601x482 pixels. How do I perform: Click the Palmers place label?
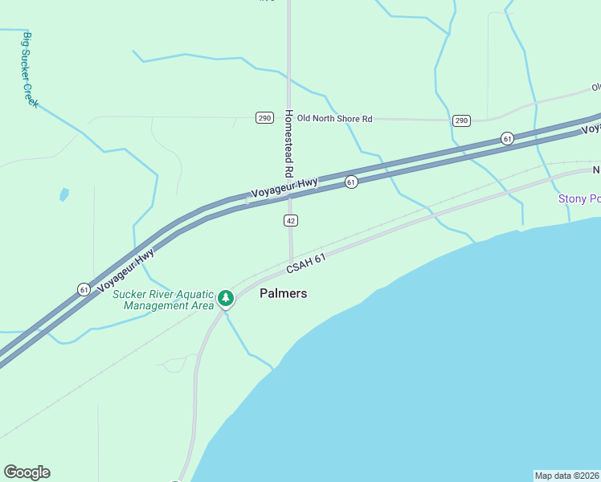[283, 294]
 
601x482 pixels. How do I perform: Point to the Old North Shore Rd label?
[335, 119]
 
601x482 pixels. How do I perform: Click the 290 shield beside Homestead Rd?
[264, 118]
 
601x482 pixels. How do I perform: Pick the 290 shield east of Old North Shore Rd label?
[460, 120]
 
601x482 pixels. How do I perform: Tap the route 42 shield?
[291, 220]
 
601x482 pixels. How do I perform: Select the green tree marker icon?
[226, 299]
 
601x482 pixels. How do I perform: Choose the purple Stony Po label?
[579, 198]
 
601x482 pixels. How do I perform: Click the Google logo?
[27, 472]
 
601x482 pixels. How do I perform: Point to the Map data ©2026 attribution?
[566, 475]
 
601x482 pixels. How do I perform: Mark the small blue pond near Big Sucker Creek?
[63, 194]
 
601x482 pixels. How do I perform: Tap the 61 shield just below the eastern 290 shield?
[507, 138]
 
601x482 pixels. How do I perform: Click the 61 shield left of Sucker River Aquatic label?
[84, 289]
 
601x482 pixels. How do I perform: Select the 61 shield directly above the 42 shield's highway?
[351, 182]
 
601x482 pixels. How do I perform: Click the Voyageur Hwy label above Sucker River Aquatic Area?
[125, 271]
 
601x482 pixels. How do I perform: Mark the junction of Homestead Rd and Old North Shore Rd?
[288, 118]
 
